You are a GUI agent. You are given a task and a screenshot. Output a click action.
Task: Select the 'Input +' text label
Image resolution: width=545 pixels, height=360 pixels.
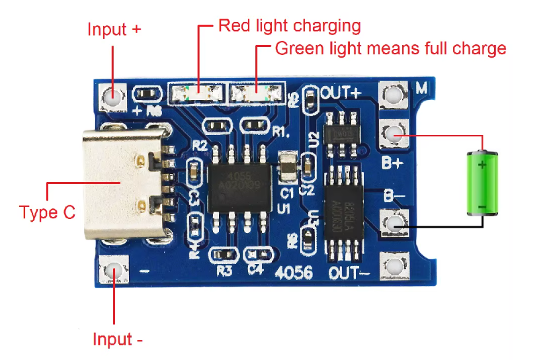[114, 30]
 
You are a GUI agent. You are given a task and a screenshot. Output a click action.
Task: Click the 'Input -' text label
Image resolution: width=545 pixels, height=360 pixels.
[118, 339]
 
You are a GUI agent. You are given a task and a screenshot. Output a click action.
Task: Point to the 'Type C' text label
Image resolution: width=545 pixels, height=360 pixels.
[47, 212]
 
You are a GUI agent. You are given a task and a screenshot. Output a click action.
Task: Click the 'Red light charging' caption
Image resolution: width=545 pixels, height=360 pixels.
[289, 26]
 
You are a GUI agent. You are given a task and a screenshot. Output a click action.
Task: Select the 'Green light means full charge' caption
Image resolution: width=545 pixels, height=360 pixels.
[390, 48]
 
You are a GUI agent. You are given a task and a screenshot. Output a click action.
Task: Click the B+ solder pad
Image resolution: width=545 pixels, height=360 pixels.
[395, 135]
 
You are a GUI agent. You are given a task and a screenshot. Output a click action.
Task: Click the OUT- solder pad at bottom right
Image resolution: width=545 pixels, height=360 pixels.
[395, 267]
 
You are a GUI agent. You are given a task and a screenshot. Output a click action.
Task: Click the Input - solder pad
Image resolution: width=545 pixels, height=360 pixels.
[113, 271]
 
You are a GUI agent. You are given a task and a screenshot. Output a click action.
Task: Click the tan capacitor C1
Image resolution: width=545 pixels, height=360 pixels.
[286, 168]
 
